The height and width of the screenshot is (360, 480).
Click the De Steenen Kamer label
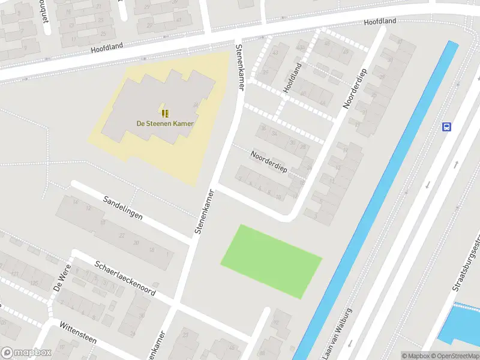click(x=165, y=124)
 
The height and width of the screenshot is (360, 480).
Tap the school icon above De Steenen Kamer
click(x=165, y=113)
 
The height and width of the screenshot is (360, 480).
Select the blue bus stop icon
click(x=446, y=127)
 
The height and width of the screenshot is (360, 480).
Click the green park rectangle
click(x=271, y=261)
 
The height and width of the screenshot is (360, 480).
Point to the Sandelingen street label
click(x=122, y=207)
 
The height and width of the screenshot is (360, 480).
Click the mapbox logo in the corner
click(x=25, y=353)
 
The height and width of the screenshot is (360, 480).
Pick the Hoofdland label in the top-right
click(x=380, y=22)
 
